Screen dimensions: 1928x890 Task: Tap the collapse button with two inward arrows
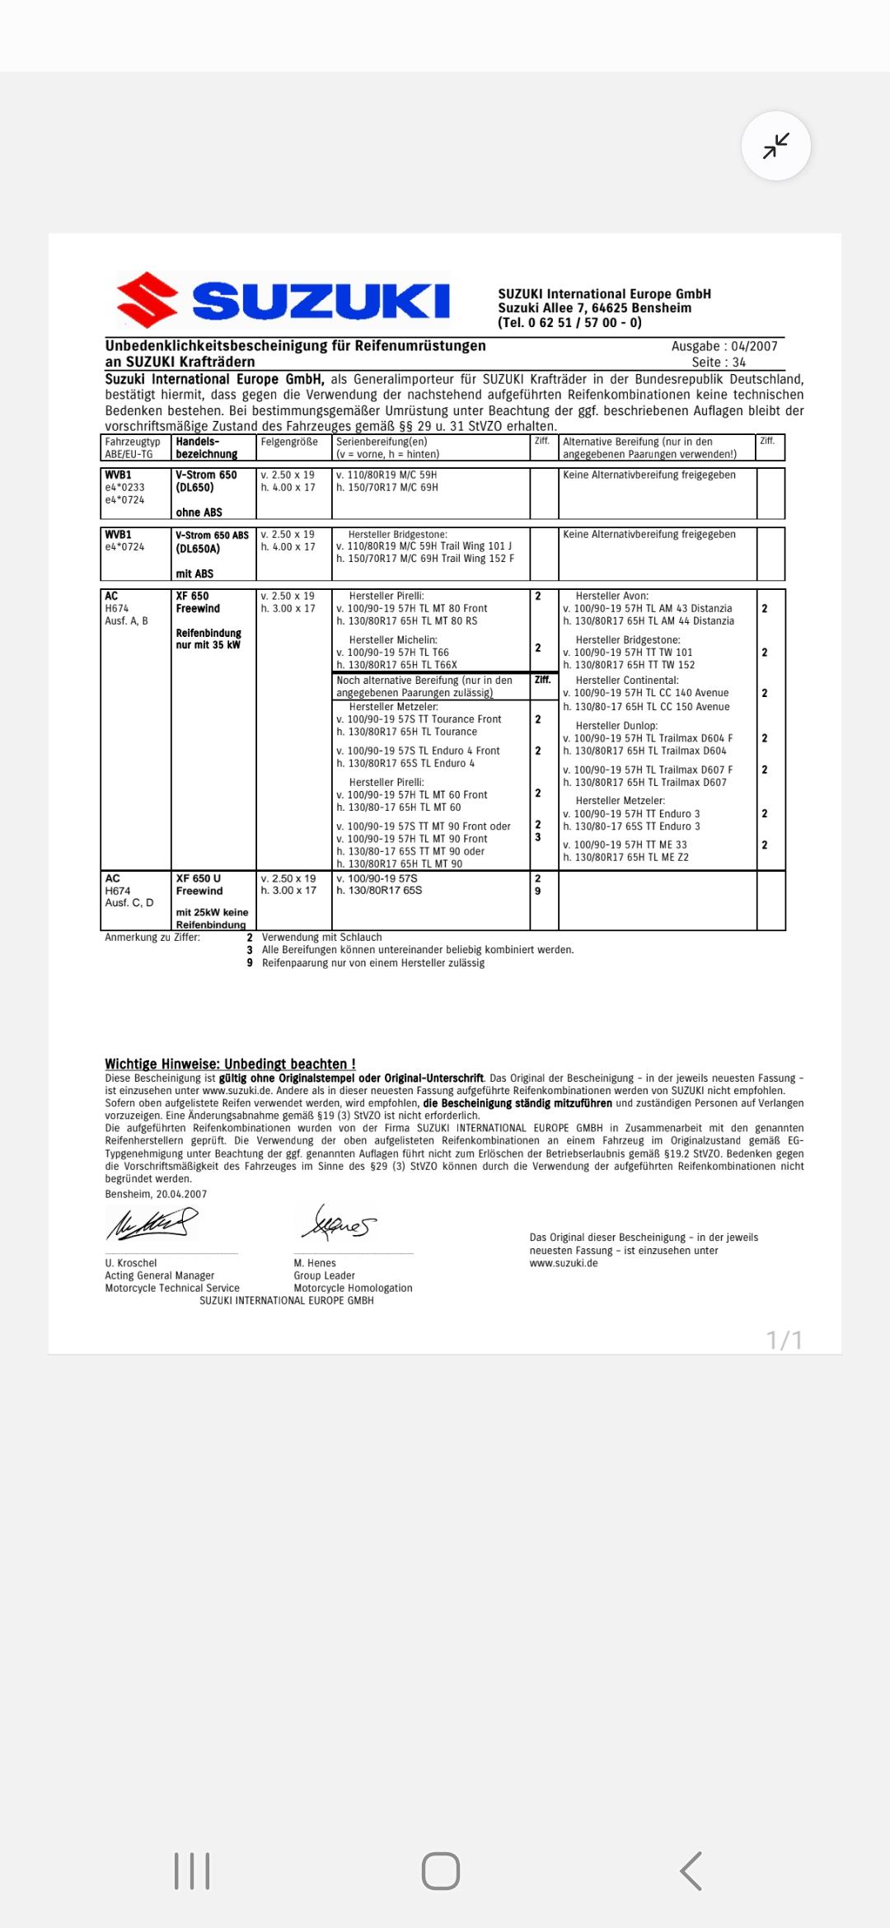point(776,146)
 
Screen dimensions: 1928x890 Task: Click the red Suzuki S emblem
point(148,299)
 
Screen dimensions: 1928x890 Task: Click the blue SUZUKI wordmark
point(321,301)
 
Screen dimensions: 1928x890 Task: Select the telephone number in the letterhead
point(569,322)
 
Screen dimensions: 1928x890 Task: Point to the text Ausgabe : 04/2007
point(724,346)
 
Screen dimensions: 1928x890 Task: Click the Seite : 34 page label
point(719,362)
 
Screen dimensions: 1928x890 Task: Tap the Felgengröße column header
point(289,442)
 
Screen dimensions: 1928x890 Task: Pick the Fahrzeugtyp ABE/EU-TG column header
point(133,447)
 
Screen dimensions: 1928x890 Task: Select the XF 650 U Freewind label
point(199,884)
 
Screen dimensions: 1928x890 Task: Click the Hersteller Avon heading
point(611,596)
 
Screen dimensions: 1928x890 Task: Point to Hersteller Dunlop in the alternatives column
point(616,726)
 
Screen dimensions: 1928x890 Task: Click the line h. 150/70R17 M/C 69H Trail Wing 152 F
point(425,559)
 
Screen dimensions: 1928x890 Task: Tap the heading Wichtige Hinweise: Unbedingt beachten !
point(230,1064)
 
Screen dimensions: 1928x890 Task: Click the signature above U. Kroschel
point(152,1223)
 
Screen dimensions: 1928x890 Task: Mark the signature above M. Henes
point(338,1221)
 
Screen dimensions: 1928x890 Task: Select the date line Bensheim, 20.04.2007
point(156,1194)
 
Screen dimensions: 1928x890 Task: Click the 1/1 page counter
point(785,1340)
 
